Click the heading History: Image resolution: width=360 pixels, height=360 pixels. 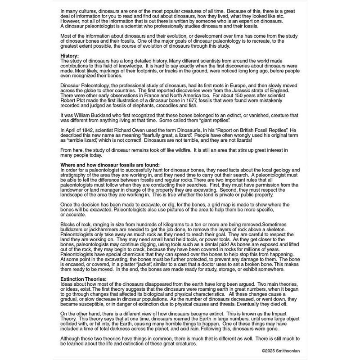(69, 55)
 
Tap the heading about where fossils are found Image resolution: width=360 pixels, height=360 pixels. (110, 165)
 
